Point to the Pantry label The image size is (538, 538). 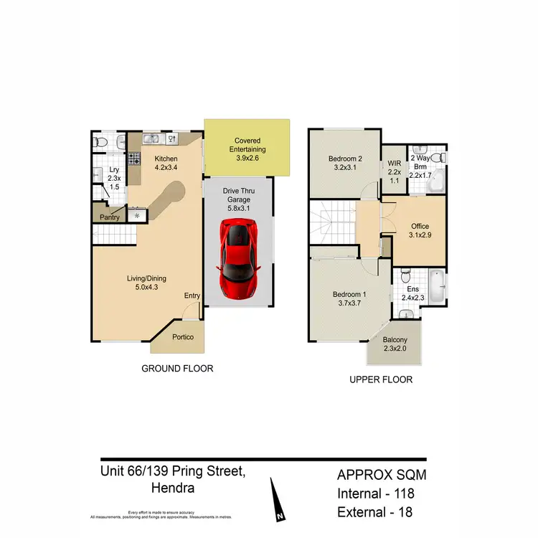(x=110, y=216)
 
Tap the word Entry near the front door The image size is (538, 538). (x=192, y=296)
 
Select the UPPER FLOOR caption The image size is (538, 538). (x=380, y=379)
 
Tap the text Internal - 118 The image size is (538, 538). (x=376, y=493)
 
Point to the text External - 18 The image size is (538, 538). (x=376, y=511)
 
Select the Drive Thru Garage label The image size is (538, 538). (x=237, y=199)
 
